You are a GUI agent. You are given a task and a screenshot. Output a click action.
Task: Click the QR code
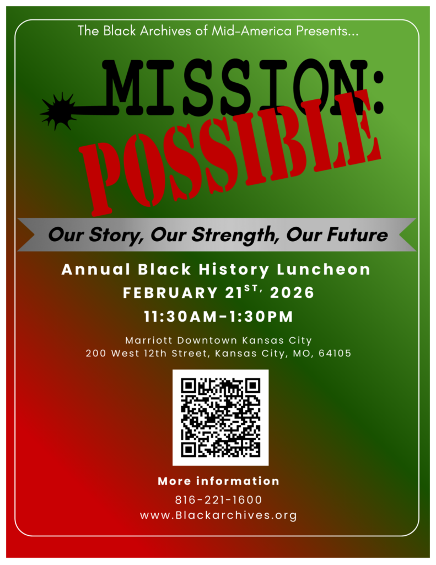(220, 417)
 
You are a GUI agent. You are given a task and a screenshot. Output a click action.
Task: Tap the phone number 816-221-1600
(218, 500)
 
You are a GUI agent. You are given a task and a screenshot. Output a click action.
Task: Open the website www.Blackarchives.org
(218, 515)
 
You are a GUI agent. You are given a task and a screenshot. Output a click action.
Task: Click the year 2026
(292, 292)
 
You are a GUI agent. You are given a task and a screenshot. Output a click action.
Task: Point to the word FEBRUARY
(170, 293)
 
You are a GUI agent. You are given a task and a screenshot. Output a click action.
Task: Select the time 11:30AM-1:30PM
(218, 317)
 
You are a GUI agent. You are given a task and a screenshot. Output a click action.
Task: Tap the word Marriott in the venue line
(148, 340)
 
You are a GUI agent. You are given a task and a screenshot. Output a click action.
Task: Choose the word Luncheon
(324, 269)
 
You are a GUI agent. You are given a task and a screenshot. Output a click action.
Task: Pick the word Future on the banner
(357, 234)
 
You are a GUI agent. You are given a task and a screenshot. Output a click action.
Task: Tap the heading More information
(218, 481)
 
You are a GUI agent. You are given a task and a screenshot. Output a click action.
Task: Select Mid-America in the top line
(251, 31)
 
